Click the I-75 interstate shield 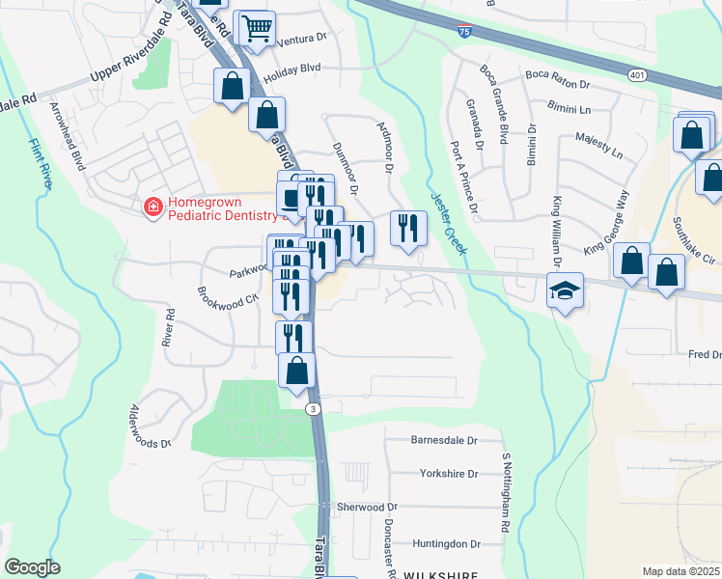466,33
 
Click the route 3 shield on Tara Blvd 313,409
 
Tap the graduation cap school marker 565,289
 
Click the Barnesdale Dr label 444,441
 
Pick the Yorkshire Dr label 449,474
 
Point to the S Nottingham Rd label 505,493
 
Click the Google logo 32,566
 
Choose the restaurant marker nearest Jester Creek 408,228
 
